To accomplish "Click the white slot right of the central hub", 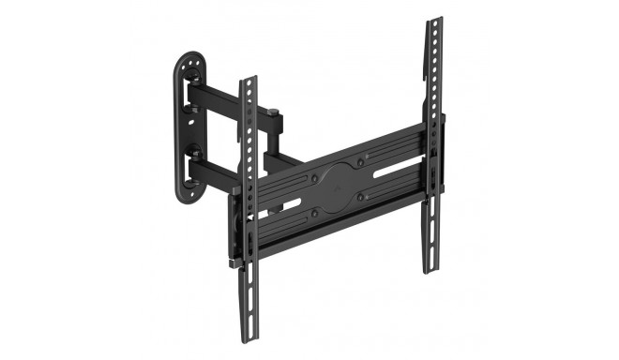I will [395, 172].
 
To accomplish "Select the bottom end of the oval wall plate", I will [187, 200].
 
